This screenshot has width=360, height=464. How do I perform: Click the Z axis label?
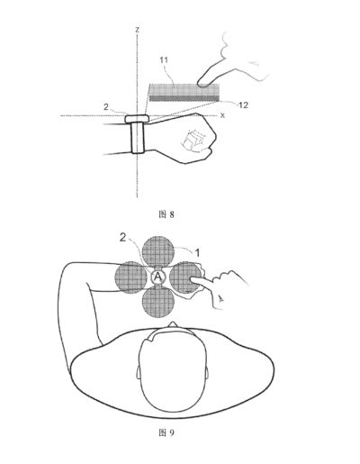[x=137, y=30]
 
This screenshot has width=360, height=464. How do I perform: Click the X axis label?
[x=222, y=115]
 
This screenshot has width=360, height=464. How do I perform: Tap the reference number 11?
[x=164, y=60]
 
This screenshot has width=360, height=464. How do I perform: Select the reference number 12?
[x=243, y=105]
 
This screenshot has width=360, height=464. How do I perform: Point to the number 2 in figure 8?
[x=105, y=107]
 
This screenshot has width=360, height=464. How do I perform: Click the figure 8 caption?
[x=166, y=214]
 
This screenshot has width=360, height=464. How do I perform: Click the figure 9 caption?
[x=166, y=432]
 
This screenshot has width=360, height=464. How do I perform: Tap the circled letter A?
[x=157, y=277]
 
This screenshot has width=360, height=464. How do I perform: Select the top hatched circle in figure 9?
[x=158, y=251]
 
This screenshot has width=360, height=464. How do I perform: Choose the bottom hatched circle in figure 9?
[x=158, y=301]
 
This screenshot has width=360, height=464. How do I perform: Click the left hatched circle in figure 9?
[x=130, y=277]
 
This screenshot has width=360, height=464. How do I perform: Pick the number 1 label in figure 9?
[x=197, y=253]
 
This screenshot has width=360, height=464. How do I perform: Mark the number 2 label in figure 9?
[x=122, y=238]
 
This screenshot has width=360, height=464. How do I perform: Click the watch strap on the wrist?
[x=138, y=138]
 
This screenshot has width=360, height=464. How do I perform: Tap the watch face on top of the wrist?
[x=137, y=119]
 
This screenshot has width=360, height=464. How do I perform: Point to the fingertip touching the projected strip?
[x=201, y=83]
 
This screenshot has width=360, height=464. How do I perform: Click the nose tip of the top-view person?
[x=173, y=323]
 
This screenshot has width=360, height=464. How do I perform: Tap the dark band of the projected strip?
[x=184, y=97]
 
